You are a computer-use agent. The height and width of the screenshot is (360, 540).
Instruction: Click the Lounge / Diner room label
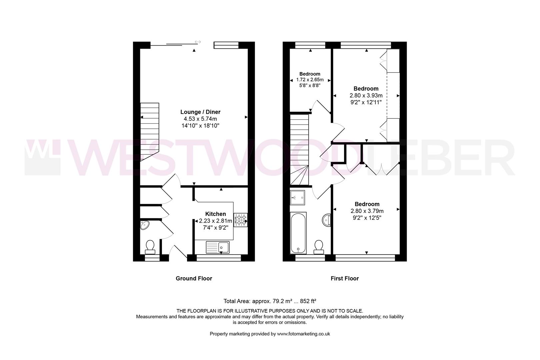[x=200, y=112]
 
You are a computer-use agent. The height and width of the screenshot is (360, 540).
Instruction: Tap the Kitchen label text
[x=215, y=214]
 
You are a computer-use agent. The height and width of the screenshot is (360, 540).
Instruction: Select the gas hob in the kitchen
[x=241, y=220]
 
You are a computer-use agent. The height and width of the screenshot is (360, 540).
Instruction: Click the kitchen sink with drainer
[x=217, y=247]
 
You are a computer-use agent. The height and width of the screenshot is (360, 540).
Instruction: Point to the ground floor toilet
[x=150, y=247]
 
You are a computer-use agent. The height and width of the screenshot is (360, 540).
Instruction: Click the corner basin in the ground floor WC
[x=145, y=225]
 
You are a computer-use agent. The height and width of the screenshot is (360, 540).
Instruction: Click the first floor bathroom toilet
[x=319, y=247]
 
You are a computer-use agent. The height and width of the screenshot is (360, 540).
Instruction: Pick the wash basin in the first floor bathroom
[x=327, y=220]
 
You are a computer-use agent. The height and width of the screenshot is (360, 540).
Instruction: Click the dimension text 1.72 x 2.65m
[x=310, y=80]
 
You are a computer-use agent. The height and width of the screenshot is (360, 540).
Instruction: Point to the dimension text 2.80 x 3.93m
[x=366, y=96]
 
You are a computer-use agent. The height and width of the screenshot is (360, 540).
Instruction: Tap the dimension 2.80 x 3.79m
[x=367, y=211]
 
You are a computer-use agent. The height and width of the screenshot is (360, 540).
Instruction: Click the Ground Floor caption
[x=194, y=278]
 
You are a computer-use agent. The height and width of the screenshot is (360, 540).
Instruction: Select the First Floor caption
[x=344, y=278]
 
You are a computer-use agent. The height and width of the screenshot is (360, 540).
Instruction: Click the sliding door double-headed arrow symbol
[x=198, y=42]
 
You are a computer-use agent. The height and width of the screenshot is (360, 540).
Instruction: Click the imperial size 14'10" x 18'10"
[x=200, y=126]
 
